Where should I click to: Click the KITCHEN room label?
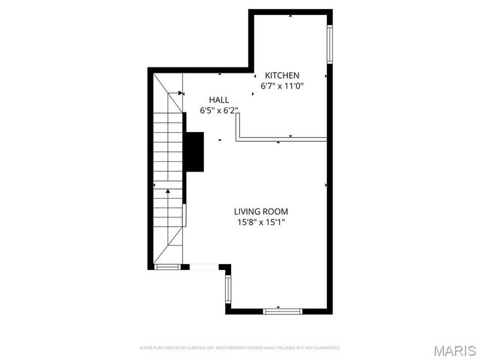click(281, 76)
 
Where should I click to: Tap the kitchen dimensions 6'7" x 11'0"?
click(281, 87)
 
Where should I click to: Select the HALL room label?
click(219, 100)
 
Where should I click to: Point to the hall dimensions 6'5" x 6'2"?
click(219, 111)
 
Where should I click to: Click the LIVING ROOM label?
click(260, 211)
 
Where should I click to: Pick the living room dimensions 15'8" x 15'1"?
click(260, 222)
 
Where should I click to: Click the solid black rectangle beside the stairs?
click(194, 152)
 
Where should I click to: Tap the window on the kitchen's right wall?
click(329, 46)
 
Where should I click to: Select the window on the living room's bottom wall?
click(282, 310)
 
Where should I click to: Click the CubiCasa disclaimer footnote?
click(240, 348)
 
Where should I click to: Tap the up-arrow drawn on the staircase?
click(168, 192)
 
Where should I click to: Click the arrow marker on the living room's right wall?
click(326, 184)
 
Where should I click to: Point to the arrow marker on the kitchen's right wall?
click(326, 76)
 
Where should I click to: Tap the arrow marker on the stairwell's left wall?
click(154, 184)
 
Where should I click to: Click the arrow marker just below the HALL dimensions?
click(220, 139)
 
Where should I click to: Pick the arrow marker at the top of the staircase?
click(181, 93)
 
